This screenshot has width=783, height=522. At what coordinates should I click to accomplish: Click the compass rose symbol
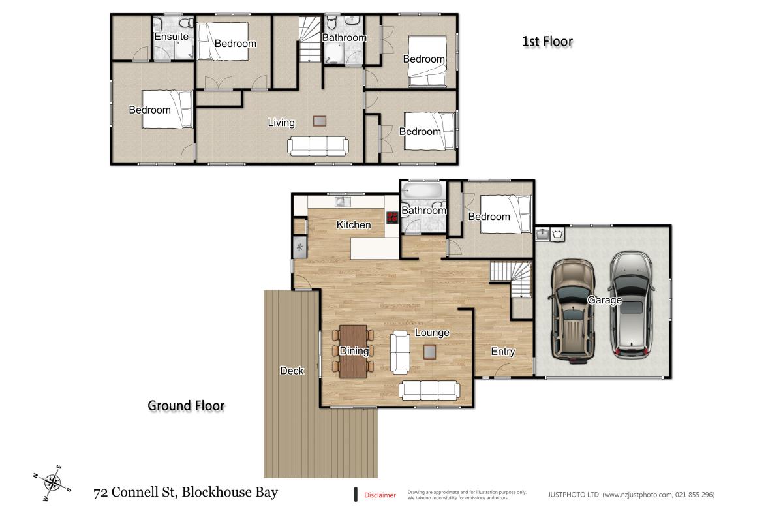(52, 483)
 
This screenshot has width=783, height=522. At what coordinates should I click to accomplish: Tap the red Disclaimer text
(380, 495)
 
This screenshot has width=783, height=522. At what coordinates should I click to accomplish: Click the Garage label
(604, 300)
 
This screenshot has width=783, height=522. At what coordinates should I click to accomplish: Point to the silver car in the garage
(631, 304)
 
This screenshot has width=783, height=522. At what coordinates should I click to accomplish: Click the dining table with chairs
(354, 351)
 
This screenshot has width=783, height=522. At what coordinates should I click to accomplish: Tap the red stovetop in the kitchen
(392, 218)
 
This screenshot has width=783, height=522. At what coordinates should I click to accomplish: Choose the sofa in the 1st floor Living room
(318, 146)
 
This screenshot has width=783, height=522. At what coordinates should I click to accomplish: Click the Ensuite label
(171, 37)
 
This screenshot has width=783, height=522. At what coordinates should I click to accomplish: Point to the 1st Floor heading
(547, 42)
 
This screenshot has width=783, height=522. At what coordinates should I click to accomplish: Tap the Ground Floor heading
(186, 405)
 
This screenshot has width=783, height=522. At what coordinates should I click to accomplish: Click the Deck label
(292, 371)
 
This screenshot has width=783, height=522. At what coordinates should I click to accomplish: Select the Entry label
(502, 351)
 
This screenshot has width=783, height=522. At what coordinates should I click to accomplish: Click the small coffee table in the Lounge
(429, 352)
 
